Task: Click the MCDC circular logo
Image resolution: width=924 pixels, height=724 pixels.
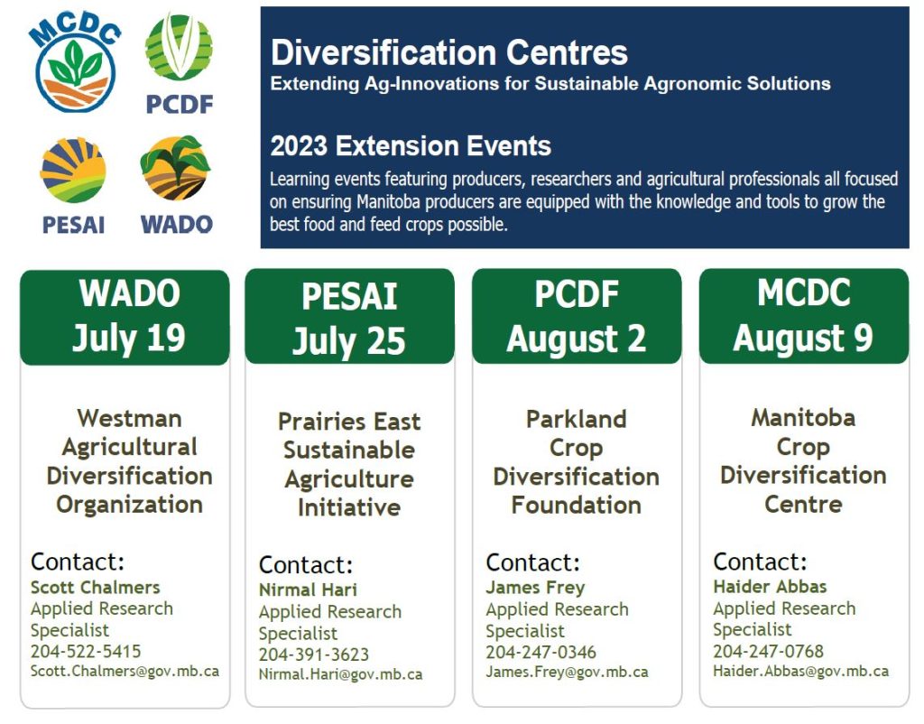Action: [x=75, y=65]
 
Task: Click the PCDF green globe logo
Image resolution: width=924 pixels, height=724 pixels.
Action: [x=179, y=47]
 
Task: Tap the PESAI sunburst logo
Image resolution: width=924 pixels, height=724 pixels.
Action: [x=73, y=171]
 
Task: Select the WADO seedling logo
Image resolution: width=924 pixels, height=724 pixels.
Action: [x=176, y=168]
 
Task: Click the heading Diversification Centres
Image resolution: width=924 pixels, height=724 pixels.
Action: [x=449, y=52]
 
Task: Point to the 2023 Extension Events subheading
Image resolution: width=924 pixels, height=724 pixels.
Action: [x=411, y=145]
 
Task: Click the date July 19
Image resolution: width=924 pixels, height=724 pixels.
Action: [x=129, y=338]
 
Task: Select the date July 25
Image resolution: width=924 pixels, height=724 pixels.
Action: [x=349, y=341]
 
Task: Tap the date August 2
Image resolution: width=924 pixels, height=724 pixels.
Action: [x=577, y=339]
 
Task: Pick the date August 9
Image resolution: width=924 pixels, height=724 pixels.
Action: [x=803, y=338]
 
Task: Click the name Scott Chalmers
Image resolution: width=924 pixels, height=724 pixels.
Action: [x=96, y=587]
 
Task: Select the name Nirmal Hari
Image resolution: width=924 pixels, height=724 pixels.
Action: [x=309, y=589]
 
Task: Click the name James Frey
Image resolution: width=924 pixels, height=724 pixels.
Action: [x=536, y=588]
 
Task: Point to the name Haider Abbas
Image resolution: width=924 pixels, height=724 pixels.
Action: [x=771, y=587]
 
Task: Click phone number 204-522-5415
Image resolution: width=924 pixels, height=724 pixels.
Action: [x=86, y=652]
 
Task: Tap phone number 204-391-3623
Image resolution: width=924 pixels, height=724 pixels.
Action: [x=314, y=654]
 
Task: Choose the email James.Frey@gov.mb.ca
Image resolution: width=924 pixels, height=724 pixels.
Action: [x=567, y=673]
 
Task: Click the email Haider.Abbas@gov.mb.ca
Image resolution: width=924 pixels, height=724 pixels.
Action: [x=801, y=671]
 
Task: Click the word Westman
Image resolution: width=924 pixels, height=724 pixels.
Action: [x=130, y=419]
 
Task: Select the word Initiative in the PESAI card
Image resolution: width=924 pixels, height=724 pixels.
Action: [x=349, y=507]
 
